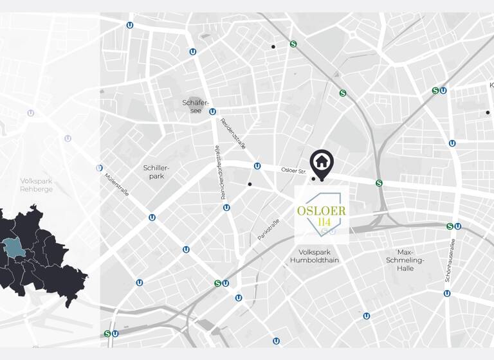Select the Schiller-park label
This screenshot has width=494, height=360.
[x=154, y=172]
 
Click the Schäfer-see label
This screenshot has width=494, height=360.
[x=192, y=107]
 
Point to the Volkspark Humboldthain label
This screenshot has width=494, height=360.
[x=314, y=256]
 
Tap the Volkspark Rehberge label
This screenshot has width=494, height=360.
[x=36, y=185]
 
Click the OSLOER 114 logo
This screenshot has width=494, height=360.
[x=322, y=215]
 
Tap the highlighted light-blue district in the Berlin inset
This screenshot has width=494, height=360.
[x=12, y=248]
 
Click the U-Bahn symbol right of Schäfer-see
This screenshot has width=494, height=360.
[x=212, y=111]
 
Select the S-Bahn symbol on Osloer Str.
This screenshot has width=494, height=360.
[x=379, y=183]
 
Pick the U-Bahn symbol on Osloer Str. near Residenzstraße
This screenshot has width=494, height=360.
[x=257, y=166]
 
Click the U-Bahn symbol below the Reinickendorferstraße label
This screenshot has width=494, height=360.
[x=226, y=208]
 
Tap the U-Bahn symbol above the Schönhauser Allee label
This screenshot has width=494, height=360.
[x=457, y=226]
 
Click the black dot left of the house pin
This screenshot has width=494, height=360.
[x=313, y=179]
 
